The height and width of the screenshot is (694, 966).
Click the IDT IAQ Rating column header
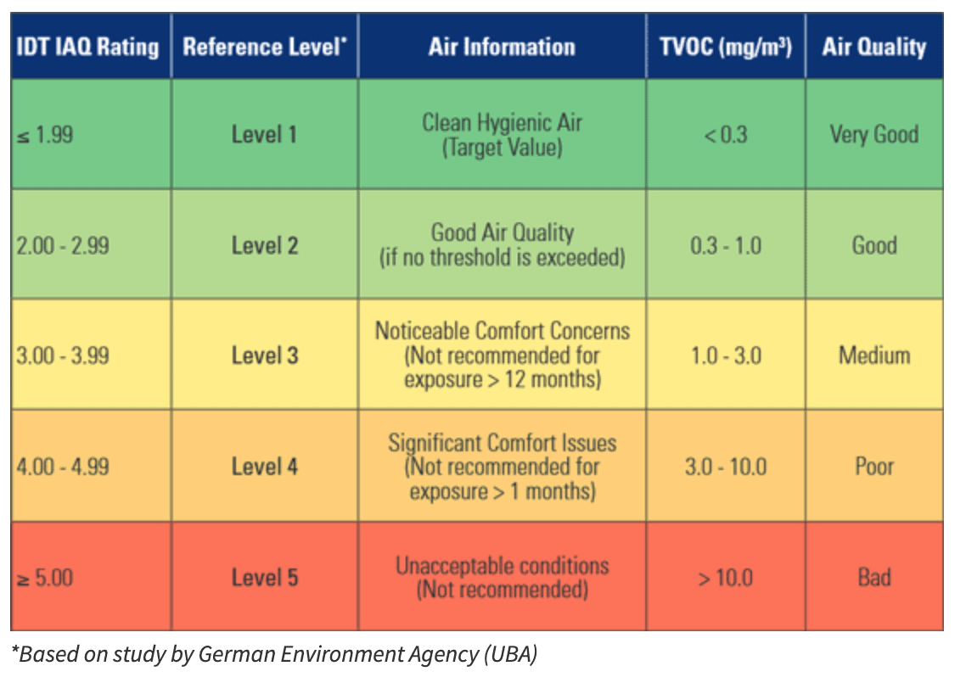[88, 46]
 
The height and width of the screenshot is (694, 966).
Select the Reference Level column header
[265, 46]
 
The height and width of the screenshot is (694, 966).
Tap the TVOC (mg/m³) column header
[726, 46]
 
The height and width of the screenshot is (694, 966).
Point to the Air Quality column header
[873, 46]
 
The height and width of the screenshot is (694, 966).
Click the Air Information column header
[502, 46]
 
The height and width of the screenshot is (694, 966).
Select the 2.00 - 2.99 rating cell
[62, 246]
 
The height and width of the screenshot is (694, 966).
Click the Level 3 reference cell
[265, 355]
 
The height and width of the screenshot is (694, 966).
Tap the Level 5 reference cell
[265, 579]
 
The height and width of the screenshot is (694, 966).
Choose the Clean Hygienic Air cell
[502, 134]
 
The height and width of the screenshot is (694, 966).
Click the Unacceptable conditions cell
[502, 577]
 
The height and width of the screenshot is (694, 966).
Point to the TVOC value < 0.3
[726, 134]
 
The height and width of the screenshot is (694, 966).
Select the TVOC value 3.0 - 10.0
[726, 467]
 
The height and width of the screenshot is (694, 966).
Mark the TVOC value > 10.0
[726, 579]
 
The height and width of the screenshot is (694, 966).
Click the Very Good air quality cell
[873, 134]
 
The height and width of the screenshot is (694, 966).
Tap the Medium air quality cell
[873, 355]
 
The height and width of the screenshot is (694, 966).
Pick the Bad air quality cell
[873, 579]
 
